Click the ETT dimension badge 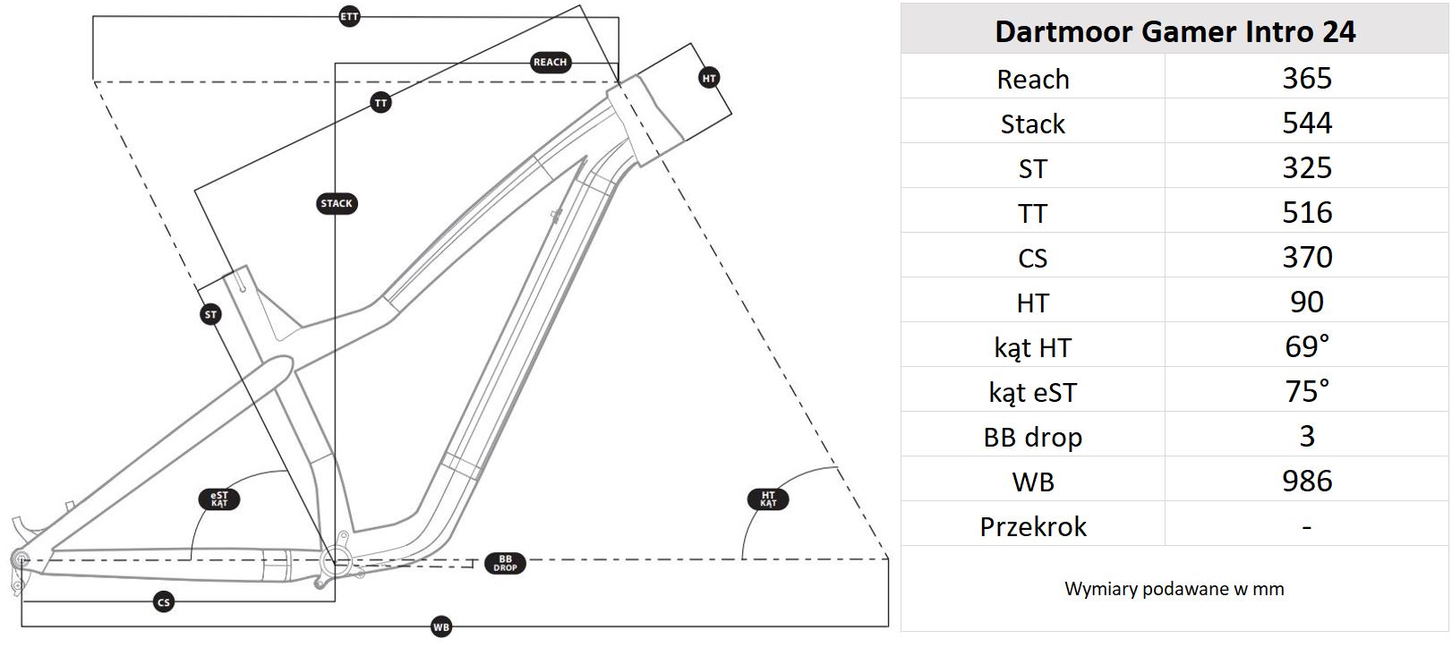pos(349,17)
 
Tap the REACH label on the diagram pos(550,63)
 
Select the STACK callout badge pos(337,203)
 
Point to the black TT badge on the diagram pos(380,103)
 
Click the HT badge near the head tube pos(709,79)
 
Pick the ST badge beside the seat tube pos(210,315)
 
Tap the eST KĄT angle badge pos(219,499)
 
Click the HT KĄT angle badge pos(768,499)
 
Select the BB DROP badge pos(506,563)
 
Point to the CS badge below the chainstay pos(163,602)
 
